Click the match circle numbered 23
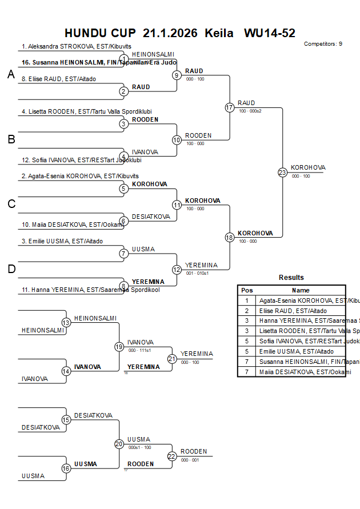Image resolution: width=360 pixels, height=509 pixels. tap(282, 172)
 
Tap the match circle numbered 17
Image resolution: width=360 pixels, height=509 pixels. tap(230, 107)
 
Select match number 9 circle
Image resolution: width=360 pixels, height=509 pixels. tap(177, 75)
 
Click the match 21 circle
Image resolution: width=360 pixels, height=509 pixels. tap(172, 359)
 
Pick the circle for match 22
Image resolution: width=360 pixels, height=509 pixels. tap(172, 456)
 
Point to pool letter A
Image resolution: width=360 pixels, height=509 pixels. tap(11, 75)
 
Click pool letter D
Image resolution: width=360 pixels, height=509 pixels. tap(11, 268)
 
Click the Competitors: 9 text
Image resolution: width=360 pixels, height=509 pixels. tap(323, 44)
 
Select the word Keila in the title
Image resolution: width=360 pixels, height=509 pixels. tap(219, 33)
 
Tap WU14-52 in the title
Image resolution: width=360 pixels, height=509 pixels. tap(270, 33)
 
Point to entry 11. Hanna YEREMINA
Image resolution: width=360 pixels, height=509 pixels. tap(90, 290)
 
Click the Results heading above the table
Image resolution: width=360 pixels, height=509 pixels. tap(291, 278)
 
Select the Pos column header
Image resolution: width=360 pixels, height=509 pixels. tap(247, 290)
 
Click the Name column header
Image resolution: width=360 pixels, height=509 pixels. tap(301, 290)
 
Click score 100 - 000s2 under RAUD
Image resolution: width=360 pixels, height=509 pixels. tap(250, 111)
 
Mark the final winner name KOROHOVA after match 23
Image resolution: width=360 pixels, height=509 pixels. tap(308, 167)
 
